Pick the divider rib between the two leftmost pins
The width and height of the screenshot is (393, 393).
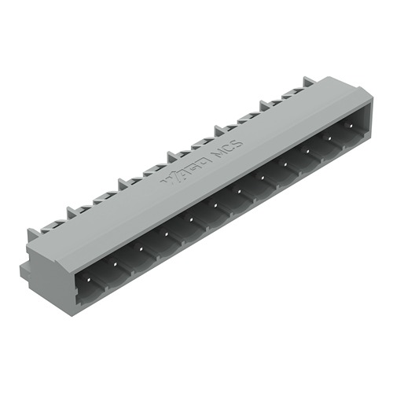pos(108,271)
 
